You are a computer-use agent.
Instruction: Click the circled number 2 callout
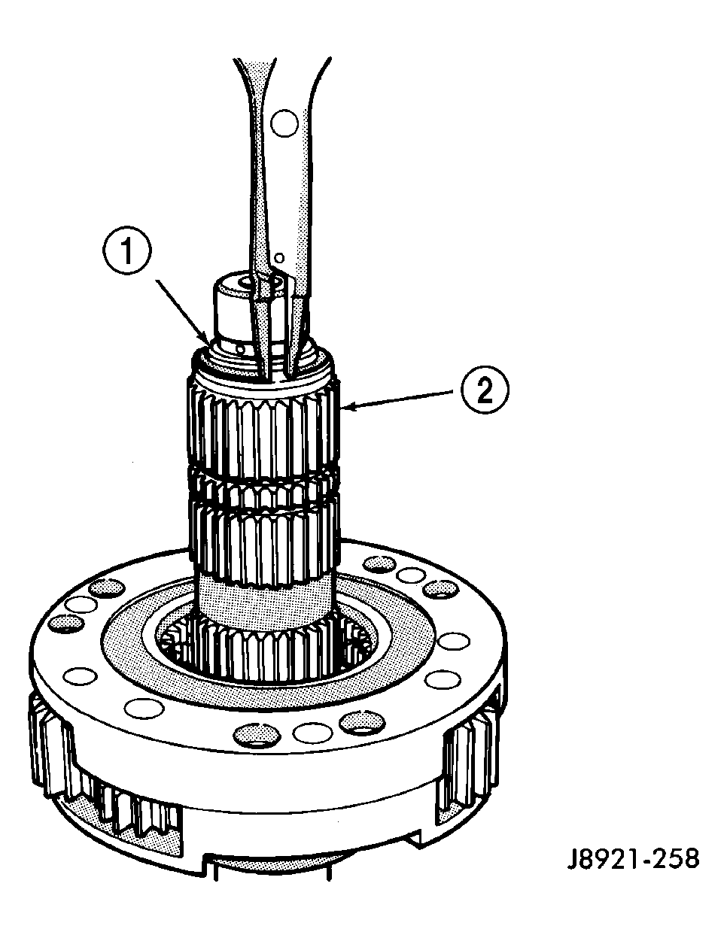tap(485, 390)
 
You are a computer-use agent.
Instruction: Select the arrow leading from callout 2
tap(401, 399)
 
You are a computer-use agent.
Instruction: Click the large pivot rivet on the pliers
tap(284, 123)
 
